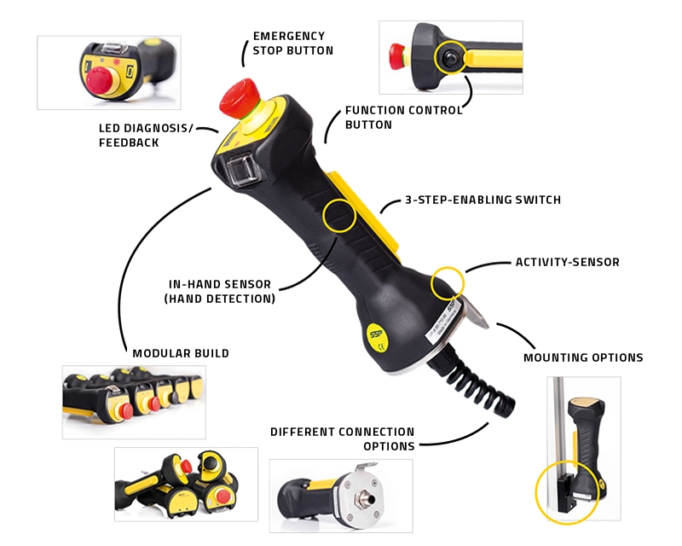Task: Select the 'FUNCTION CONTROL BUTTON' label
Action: click(403, 117)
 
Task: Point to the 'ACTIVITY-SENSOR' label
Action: click(567, 262)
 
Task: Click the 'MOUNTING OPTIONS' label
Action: click(583, 357)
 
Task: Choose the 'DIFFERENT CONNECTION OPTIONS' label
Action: click(342, 439)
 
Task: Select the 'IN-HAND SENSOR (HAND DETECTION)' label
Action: click(220, 292)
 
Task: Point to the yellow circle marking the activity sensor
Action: click(448, 282)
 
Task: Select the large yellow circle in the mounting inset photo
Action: click(567, 493)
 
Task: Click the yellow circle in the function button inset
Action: click(449, 57)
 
